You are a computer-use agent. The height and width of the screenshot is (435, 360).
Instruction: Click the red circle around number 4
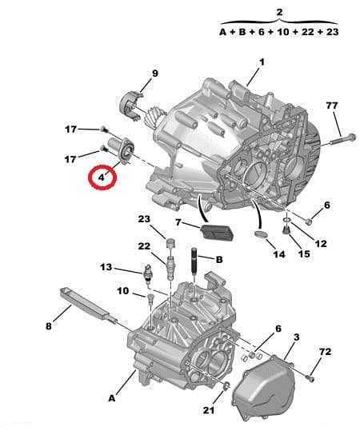click(102, 177)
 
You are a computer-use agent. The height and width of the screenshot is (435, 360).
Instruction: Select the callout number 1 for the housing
click(261, 62)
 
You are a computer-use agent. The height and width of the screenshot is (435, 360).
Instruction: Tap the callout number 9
click(155, 74)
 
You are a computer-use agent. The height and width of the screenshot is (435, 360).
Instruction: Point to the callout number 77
click(331, 106)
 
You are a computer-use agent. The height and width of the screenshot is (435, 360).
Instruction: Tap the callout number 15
click(303, 254)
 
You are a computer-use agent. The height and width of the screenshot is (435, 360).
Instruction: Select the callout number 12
click(321, 242)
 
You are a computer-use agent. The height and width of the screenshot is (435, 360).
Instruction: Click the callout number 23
click(144, 219)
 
